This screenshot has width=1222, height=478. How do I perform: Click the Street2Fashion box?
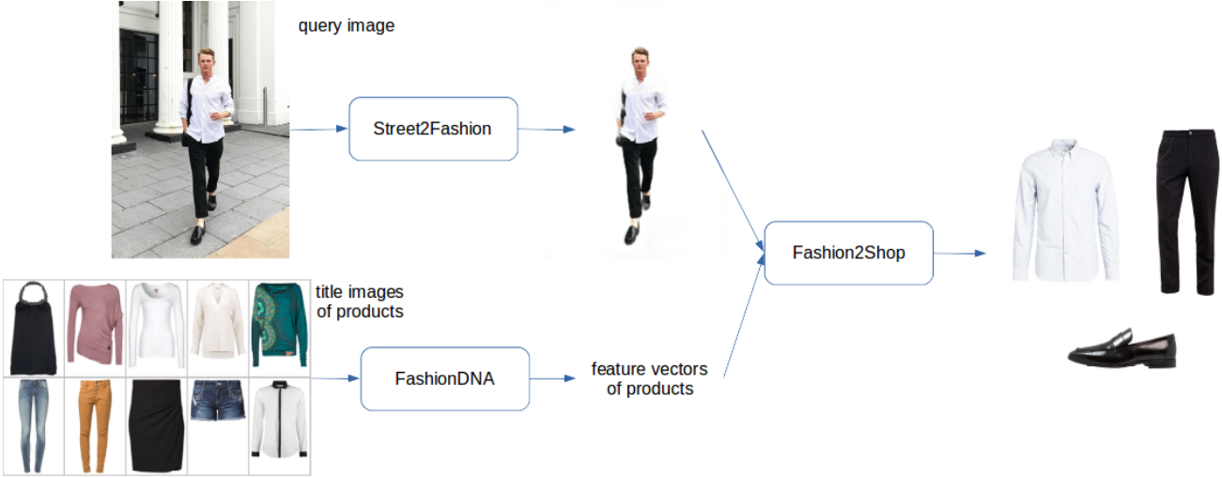(x=433, y=129)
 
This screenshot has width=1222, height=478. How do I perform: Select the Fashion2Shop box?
(x=849, y=253)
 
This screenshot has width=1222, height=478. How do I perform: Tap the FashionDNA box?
(x=444, y=378)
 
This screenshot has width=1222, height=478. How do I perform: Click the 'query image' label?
(x=347, y=25)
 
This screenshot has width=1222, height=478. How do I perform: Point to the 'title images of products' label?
(x=360, y=301)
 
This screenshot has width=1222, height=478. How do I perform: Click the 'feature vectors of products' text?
(x=649, y=378)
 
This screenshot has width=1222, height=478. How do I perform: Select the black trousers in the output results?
(x=1188, y=212)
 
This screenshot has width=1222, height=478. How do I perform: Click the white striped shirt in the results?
(x=1066, y=210)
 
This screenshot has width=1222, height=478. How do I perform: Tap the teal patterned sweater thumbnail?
(x=279, y=325)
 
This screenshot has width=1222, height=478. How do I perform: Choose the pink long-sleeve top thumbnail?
(x=95, y=324)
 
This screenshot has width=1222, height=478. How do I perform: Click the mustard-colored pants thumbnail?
(x=93, y=425)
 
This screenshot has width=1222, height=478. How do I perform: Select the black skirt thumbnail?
(x=156, y=425)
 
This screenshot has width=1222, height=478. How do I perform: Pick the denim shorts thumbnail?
(x=218, y=400)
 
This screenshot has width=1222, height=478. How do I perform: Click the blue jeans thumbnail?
(x=33, y=425)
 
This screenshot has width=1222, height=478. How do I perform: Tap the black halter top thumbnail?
(x=33, y=329)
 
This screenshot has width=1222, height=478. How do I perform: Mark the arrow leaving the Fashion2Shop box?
(x=960, y=254)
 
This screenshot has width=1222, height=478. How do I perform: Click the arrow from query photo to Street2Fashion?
(x=319, y=130)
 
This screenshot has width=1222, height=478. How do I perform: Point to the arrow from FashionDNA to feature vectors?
(x=552, y=378)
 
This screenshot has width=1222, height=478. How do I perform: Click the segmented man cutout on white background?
(x=641, y=146)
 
